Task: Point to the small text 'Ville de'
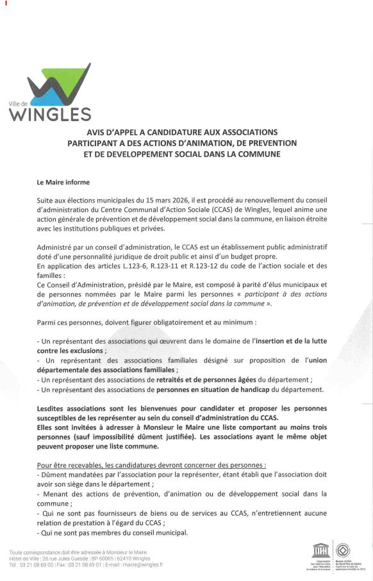click(x=19, y=104)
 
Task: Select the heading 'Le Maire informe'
click(x=63, y=183)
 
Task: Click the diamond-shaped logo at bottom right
click(x=344, y=550)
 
